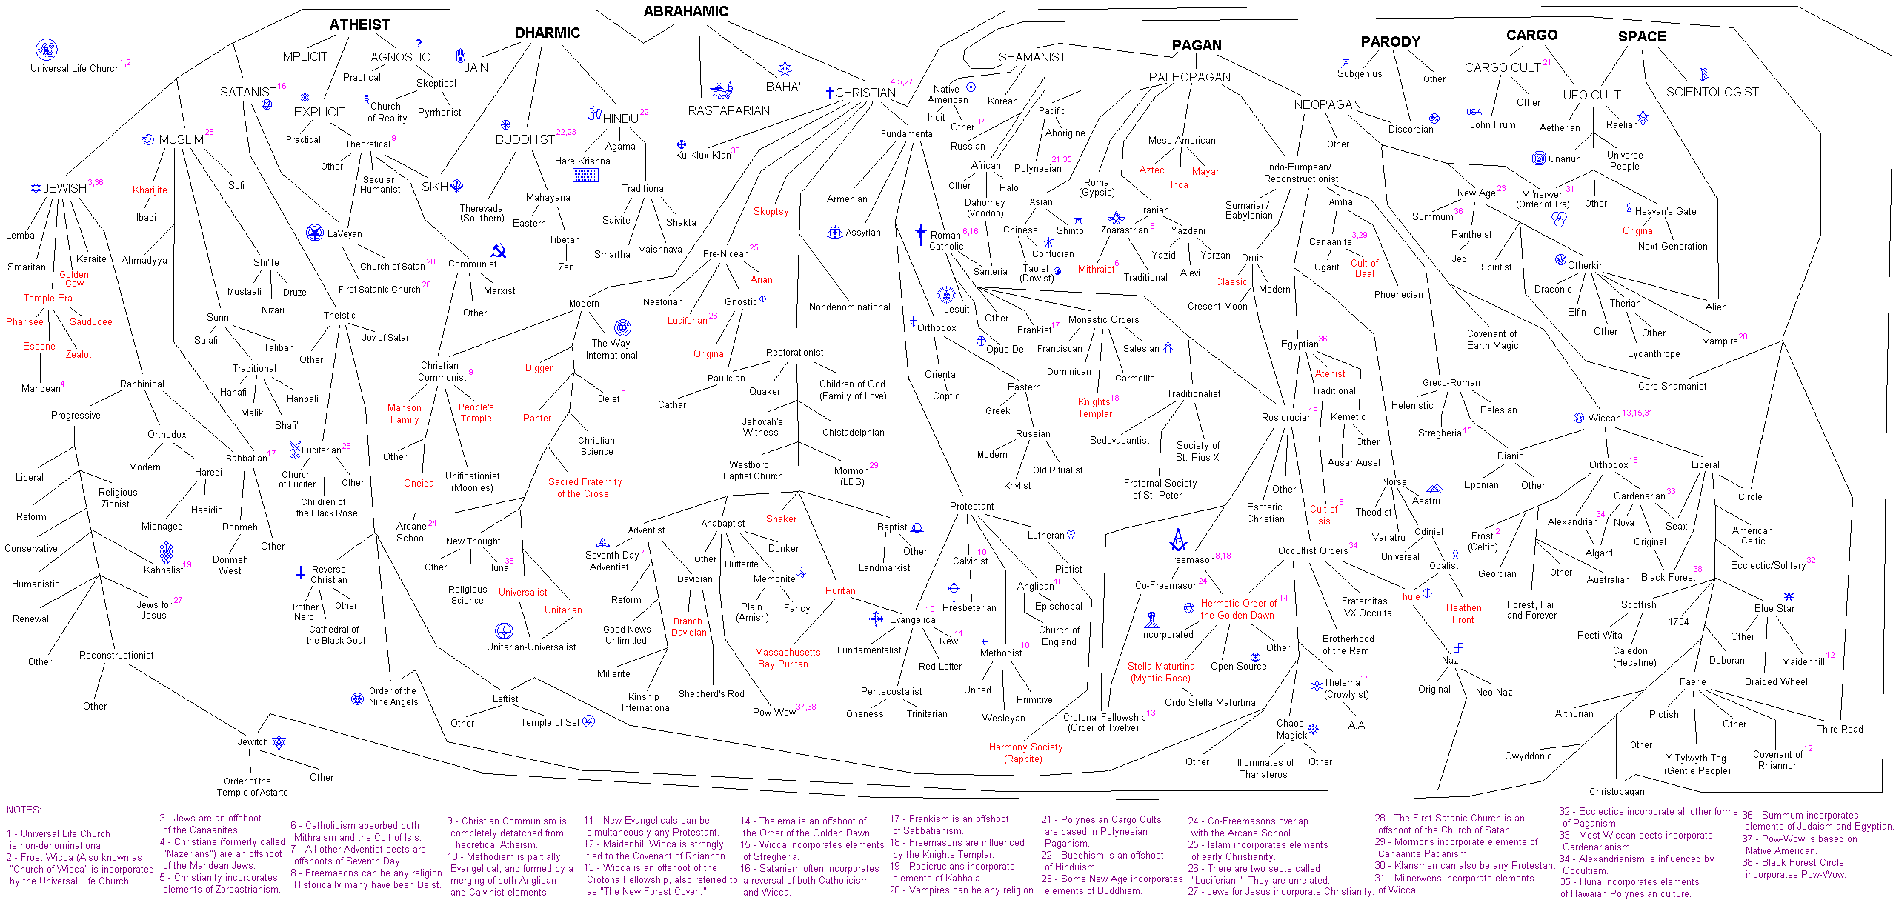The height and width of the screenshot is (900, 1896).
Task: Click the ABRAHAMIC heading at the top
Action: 685,11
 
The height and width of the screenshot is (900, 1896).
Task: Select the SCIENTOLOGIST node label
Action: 1712,92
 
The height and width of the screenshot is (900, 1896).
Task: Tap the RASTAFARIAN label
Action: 728,110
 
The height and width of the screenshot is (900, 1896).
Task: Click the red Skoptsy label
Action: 771,211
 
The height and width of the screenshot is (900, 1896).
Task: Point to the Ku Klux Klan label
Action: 702,155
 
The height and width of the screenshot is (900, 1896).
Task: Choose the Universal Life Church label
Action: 74,68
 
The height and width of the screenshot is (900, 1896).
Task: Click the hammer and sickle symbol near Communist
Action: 499,251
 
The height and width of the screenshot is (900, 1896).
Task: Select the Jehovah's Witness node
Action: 762,427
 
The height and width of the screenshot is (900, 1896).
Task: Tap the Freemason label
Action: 1190,559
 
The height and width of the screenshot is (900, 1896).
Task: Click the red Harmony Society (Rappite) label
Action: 1025,753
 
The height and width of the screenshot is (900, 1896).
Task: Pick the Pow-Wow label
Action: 774,712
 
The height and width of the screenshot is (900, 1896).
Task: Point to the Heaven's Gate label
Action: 1665,211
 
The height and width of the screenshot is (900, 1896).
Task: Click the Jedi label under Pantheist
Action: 1460,259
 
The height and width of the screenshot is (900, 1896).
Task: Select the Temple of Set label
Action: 549,722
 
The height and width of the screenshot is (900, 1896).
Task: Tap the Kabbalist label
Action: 163,570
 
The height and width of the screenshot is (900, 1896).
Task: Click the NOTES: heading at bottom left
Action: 24,810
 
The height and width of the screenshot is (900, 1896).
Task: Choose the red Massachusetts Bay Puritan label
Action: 787,658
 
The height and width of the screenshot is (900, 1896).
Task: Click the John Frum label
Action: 1492,124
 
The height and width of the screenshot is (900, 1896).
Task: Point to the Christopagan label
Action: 1616,791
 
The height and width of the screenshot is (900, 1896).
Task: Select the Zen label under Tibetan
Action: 565,267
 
